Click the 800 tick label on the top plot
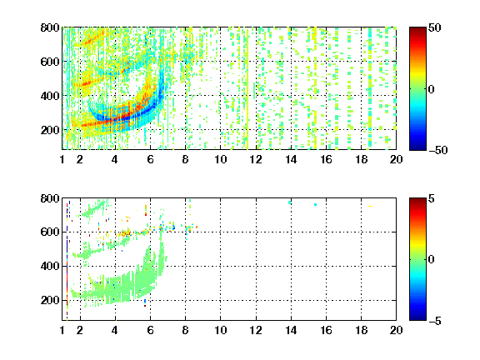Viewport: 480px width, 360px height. pyautogui.click(x=50, y=27)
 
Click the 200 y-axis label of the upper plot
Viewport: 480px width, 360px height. pyautogui.click(x=50, y=130)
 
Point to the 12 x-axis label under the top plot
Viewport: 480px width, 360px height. pyautogui.click(x=256, y=159)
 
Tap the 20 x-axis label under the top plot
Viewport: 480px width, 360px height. pyautogui.click(x=396, y=159)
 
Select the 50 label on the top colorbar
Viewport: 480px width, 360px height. pyautogui.click(x=434, y=27)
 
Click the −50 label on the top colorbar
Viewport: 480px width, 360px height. pyautogui.click(x=437, y=150)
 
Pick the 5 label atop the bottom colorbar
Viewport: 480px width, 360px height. pyautogui.click(x=432, y=198)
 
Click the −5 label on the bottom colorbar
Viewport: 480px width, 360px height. pyautogui.click(x=435, y=321)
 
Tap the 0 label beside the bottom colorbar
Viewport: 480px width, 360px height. pyautogui.click(x=431, y=260)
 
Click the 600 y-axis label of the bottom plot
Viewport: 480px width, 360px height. pyautogui.click(x=50, y=232)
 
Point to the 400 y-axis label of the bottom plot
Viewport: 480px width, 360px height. pyautogui.click(x=50, y=266)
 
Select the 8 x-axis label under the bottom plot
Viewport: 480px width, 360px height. pyautogui.click(x=185, y=330)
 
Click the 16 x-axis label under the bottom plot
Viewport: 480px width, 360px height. pyautogui.click(x=326, y=330)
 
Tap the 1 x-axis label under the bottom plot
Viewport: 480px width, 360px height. pyautogui.click(x=62, y=330)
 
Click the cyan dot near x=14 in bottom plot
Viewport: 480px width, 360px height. pyautogui.click(x=290, y=202)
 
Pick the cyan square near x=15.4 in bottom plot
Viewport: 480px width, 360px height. pyautogui.click(x=315, y=204)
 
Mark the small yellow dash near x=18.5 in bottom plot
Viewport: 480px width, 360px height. pyautogui.click(x=370, y=206)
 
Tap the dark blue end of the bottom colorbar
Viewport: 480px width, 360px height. pyautogui.click(x=417, y=318)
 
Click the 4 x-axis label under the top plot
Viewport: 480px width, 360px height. pyautogui.click(x=114, y=159)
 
